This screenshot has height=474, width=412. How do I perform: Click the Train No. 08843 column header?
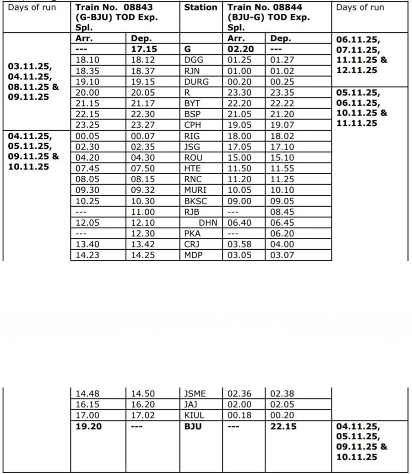(116, 17)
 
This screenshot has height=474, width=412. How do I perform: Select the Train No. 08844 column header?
(268, 17)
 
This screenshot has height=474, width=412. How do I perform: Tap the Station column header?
(201, 8)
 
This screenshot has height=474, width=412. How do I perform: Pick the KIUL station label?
(194, 415)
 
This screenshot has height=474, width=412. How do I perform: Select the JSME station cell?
(195, 393)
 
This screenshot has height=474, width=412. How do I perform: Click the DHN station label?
(208, 223)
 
